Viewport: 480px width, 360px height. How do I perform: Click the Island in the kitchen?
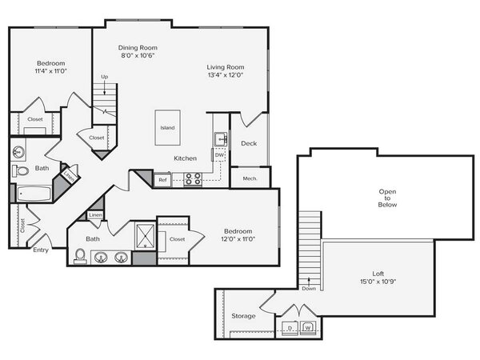167,128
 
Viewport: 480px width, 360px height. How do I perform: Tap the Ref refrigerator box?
162,180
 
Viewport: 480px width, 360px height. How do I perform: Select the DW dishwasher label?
219,155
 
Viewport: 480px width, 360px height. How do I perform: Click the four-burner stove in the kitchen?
193,179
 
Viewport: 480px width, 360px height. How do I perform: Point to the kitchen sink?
221,139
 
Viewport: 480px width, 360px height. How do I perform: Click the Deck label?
249,143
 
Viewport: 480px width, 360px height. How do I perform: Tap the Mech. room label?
250,178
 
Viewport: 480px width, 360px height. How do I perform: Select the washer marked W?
308,327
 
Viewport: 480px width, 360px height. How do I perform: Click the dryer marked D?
290,328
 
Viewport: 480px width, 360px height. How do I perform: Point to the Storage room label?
243,316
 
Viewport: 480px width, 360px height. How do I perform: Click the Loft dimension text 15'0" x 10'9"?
378,282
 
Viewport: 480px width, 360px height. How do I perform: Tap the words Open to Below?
387,198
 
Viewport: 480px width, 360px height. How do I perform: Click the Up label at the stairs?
105,77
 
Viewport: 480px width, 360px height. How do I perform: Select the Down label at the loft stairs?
309,288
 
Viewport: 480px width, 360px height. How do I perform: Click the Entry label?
41,250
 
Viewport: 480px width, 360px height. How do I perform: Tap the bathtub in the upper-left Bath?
34,194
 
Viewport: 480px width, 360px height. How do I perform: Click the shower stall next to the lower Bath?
146,236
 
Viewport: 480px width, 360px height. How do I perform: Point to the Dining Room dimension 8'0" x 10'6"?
138,55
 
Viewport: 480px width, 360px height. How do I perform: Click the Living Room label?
226,67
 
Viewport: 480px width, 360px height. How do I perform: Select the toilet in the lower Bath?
80,256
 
